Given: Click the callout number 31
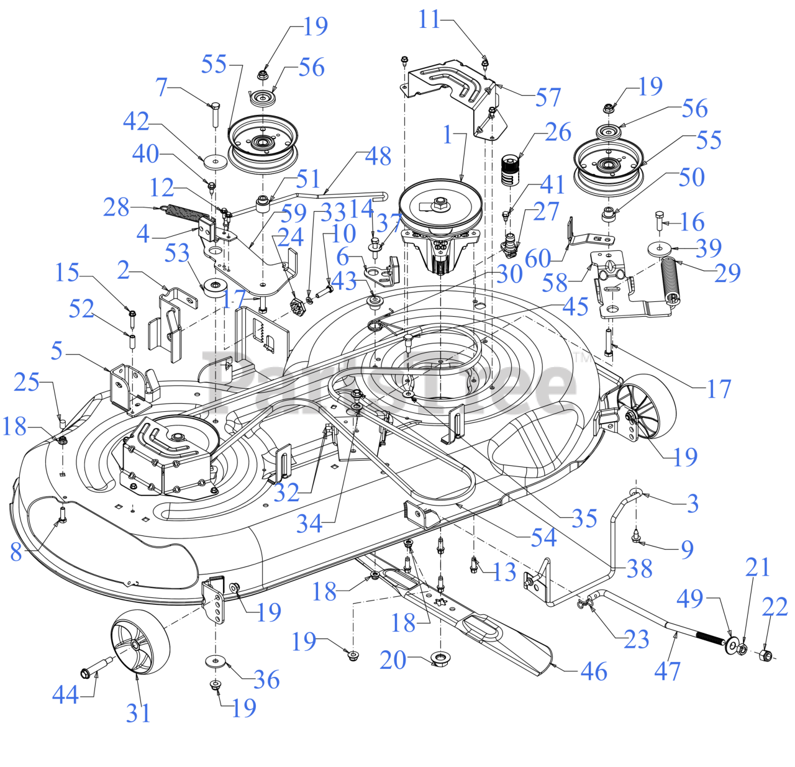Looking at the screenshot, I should click(x=138, y=713).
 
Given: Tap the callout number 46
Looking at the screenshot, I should click(x=594, y=671).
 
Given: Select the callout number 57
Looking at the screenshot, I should click(x=548, y=98).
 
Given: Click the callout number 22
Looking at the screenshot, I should click(x=775, y=607).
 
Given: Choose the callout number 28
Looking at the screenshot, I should click(x=116, y=207).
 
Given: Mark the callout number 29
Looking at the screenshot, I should click(x=727, y=273).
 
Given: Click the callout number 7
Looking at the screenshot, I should click(x=161, y=87).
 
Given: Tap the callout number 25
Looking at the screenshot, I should click(x=27, y=382).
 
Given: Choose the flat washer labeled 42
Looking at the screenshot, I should click(x=215, y=161).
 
